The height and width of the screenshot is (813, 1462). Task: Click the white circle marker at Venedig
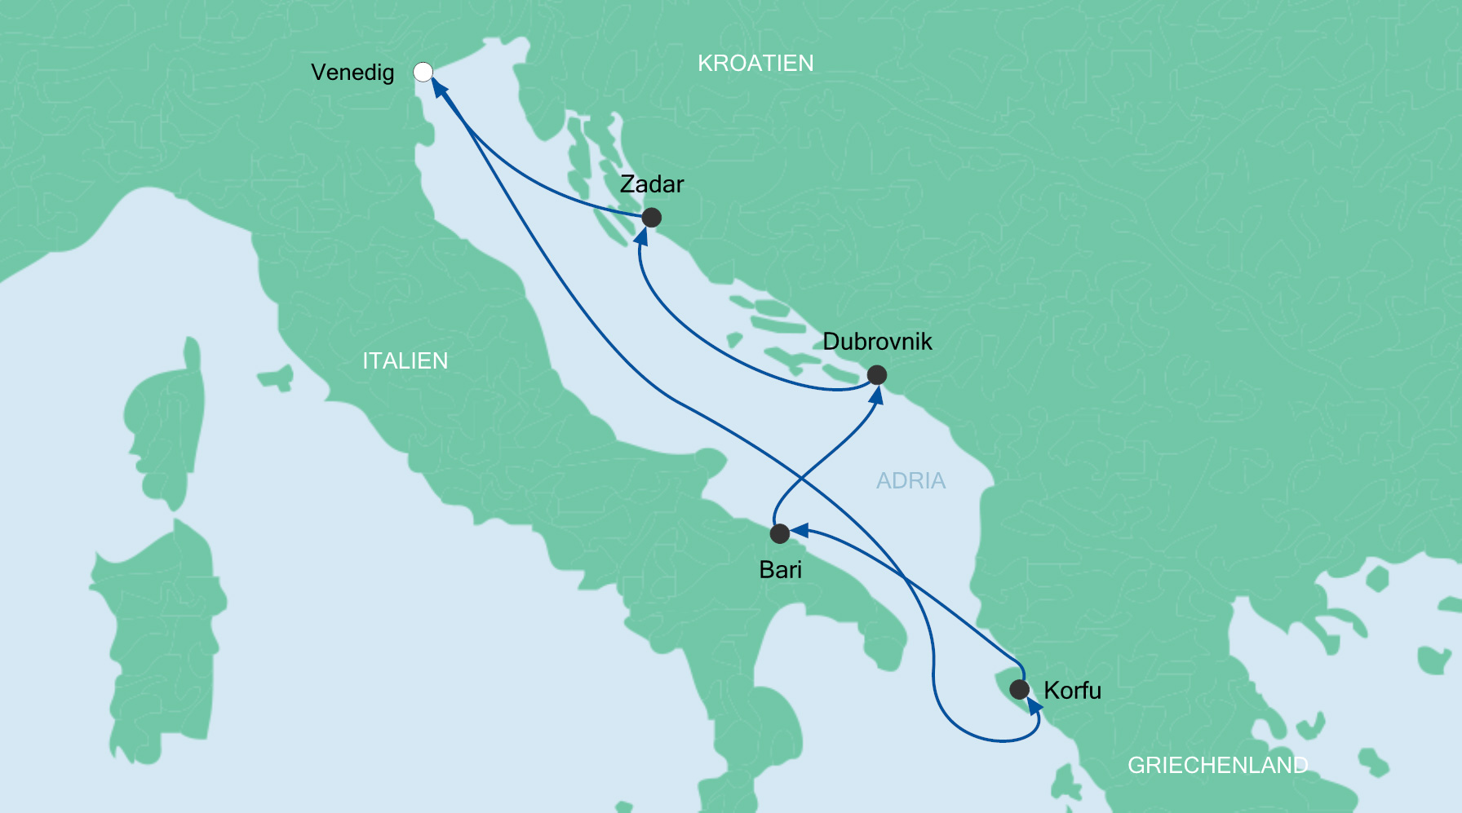[x=423, y=72]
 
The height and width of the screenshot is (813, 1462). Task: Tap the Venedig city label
[x=352, y=73]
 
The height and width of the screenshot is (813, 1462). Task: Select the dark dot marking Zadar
[x=651, y=218]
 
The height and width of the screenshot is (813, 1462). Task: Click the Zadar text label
[x=651, y=184]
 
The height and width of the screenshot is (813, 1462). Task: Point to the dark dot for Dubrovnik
[x=876, y=375]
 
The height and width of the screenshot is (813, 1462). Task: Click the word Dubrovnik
[x=877, y=342]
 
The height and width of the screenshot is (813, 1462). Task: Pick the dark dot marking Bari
[x=779, y=534]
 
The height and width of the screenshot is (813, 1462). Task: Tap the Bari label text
[x=780, y=570]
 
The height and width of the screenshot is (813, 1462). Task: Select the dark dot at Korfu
[x=1019, y=690]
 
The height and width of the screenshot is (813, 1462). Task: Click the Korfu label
[x=1072, y=691]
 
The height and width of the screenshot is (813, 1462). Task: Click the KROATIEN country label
[x=755, y=64]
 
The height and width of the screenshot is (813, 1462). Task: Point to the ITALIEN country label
[x=405, y=361]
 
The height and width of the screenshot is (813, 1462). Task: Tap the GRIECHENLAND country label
[x=1217, y=765]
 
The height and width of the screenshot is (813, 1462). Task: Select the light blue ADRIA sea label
[x=910, y=481]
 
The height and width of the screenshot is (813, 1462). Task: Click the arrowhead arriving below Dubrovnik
[x=877, y=395]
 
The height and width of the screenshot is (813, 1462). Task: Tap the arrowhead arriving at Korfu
[x=1034, y=706]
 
